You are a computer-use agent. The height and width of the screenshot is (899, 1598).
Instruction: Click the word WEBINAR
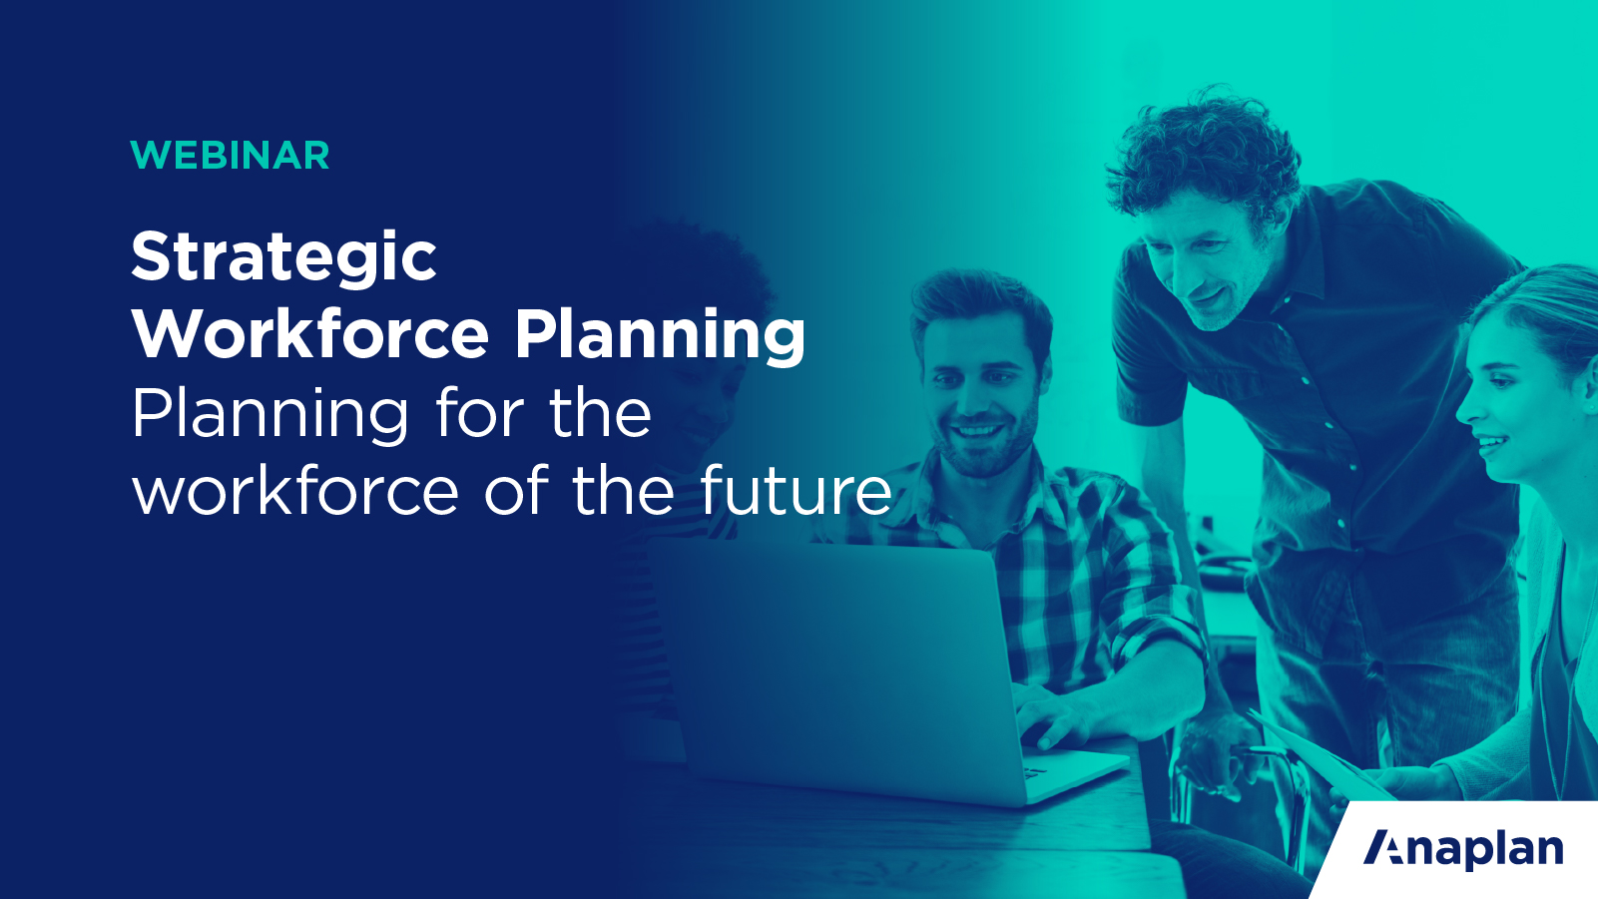pyautogui.click(x=230, y=156)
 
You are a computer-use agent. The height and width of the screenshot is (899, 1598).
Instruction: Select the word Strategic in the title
pyautogui.click(x=283, y=257)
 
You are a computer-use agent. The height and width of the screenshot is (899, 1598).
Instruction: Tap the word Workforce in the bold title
pyautogui.click(x=310, y=334)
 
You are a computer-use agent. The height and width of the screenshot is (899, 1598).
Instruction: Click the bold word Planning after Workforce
pyautogui.click(x=660, y=336)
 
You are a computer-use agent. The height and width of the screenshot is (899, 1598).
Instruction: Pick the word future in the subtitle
pyautogui.click(x=796, y=491)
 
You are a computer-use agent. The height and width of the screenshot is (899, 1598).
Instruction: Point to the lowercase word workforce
pyautogui.click(x=295, y=491)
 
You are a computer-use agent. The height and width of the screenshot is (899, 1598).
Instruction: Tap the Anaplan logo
pyautogui.click(x=1463, y=849)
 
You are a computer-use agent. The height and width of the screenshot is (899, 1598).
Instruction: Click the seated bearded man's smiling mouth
pyautogui.click(x=975, y=432)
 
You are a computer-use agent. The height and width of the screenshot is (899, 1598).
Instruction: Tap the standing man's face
pyautogui.click(x=1198, y=259)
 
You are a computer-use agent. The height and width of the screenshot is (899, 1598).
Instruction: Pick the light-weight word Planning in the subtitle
pyautogui.click(x=270, y=415)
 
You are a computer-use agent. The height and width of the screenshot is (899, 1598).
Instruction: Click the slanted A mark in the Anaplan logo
pyautogui.click(x=1383, y=848)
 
